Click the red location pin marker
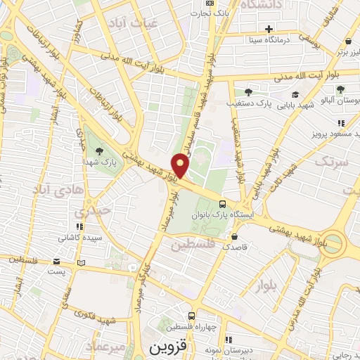[181, 165]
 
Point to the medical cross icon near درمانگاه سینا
[268, 29]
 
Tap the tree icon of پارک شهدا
[98, 150]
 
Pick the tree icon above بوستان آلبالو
[340, 90]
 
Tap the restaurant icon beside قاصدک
[241, 236]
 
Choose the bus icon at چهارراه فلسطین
[191, 317]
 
